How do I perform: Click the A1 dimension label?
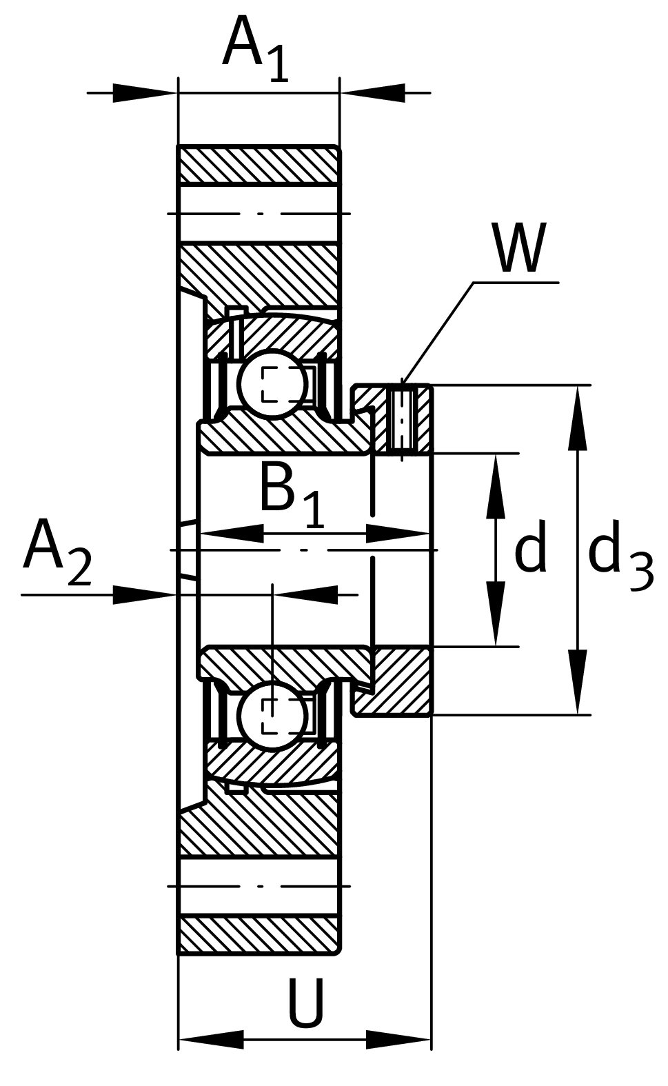[254, 47]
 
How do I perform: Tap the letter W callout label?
[518, 249]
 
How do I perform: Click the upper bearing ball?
[273, 385]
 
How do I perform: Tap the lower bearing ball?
[273, 716]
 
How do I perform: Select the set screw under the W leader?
[402, 419]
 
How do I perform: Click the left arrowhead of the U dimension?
[211, 1039]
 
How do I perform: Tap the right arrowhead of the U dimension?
[398, 1039]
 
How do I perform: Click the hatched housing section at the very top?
[259, 165]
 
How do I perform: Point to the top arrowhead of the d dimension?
[495, 486]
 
